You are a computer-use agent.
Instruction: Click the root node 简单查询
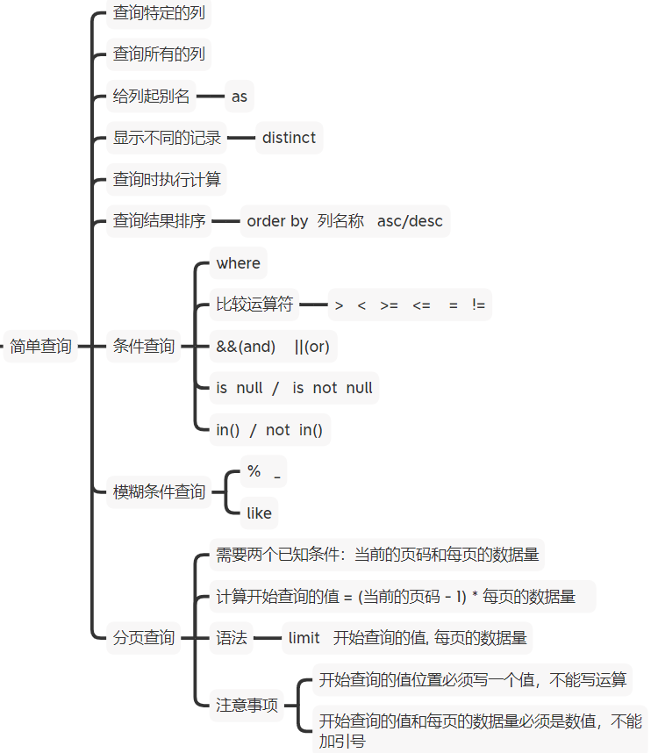point(39,346)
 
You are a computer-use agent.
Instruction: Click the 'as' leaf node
point(240,97)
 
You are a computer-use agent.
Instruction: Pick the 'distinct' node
point(289,138)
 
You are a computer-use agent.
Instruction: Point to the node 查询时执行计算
point(167,180)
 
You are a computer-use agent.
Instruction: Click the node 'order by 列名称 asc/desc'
point(345,221)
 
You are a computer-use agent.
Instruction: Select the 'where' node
point(238,263)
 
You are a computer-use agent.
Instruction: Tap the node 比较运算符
point(254,305)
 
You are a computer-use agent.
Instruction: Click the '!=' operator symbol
point(478,305)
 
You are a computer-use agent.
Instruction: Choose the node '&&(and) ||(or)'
point(273,346)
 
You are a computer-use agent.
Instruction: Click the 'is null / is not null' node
point(294,388)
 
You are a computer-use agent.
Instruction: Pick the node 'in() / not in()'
point(269,429)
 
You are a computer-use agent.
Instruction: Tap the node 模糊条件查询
point(159,491)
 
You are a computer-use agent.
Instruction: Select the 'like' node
point(260,513)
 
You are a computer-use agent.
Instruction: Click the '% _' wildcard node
point(263,472)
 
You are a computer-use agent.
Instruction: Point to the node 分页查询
point(144,638)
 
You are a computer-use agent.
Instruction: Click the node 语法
point(232,638)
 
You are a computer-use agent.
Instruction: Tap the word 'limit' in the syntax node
point(304,638)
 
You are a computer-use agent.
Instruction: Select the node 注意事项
point(247,705)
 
